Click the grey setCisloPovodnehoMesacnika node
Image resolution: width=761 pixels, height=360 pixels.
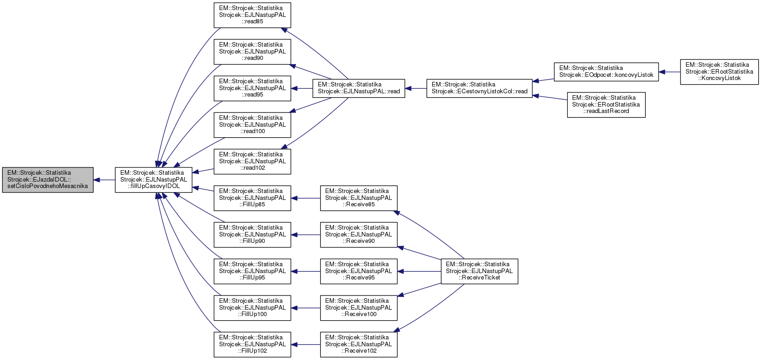48,180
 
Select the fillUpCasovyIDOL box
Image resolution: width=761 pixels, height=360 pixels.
154,180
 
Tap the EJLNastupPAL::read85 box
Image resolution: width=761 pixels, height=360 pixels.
252,15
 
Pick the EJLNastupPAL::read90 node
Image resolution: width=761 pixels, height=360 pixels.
252,52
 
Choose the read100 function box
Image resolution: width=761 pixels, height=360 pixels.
252,125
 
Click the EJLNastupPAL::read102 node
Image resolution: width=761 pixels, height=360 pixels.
252,161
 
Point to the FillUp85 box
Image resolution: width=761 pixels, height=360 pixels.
252,198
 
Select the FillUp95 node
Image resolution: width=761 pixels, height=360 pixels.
252,271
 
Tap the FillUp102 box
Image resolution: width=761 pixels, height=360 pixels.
252,344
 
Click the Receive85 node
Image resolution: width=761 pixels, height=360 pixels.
359,198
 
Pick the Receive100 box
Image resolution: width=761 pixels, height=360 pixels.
359,308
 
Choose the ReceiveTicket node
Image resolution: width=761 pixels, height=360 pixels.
479,271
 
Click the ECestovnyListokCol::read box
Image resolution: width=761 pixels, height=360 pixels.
479,88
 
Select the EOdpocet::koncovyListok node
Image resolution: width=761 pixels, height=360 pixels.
606,72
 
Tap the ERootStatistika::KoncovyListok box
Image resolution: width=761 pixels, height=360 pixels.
719,72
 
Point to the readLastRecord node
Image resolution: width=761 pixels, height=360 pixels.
606,105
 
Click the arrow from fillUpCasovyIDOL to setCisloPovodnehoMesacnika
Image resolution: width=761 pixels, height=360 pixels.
104,180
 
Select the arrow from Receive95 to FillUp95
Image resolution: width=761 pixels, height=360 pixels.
305,271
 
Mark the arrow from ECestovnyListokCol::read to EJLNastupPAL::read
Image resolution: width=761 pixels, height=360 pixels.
416,88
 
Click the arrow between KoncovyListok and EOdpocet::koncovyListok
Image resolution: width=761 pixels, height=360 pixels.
670,72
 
